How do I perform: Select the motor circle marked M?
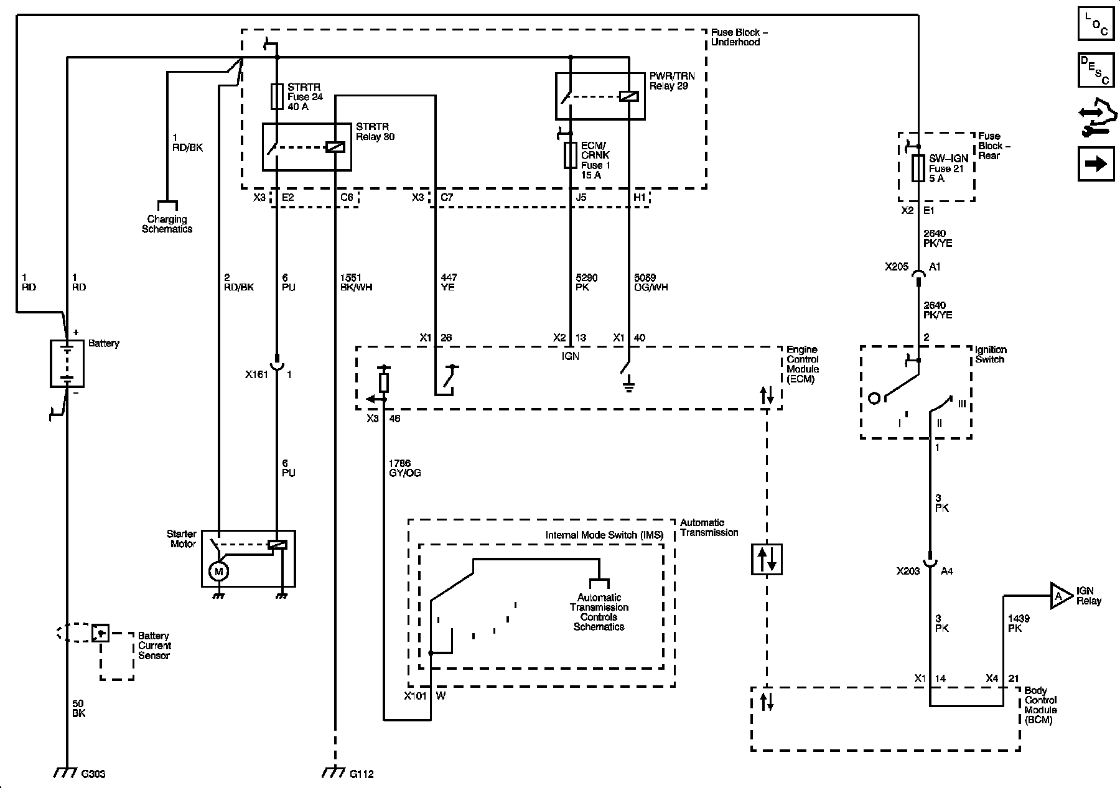click(x=218, y=571)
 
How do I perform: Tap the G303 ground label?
click(x=93, y=774)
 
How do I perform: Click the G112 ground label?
click(x=362, y=774)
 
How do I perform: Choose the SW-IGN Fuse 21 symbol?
click(x=918, y=169)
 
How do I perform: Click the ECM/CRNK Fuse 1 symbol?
click(x=571, y=155)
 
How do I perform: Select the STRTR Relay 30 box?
click(x=307, y=147)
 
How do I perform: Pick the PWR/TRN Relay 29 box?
click(x=600, y=96)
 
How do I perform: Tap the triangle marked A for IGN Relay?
click(x=1060, y=596)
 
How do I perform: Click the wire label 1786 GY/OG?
click(x=404, y=468)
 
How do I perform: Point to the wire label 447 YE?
click(x=448, y=282)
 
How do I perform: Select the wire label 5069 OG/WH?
click(x=651, y=282)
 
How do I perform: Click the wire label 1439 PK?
click(x=1019, y=623)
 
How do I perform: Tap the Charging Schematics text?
click(x=167, y=224)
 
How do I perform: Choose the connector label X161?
click(x=256, y=374)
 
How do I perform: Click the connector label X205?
click(x=897, y=266)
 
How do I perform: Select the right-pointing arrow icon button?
click(x=1096, y=164)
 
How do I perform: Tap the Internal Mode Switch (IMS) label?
click(x=604, y=535)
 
